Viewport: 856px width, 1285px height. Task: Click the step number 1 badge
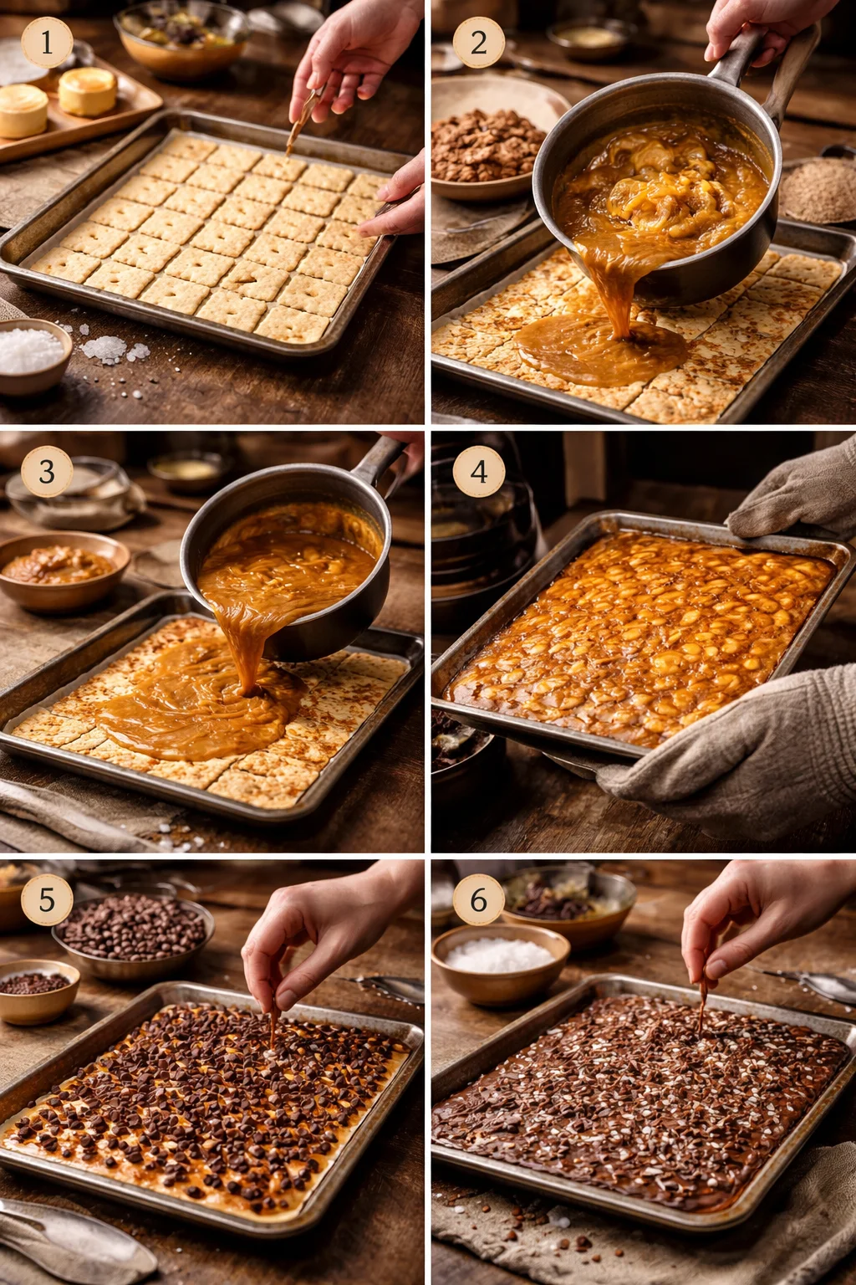(x=47, y=42)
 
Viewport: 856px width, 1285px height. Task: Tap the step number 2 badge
(x=478, y=42)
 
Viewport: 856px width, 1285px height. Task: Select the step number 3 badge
(x=47, y=471)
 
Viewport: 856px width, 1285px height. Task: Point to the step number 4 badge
(x=478, y=471)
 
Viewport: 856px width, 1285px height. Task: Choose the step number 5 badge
(x=47, y=900)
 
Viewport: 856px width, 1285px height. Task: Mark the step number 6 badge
(x=478, y=900)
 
